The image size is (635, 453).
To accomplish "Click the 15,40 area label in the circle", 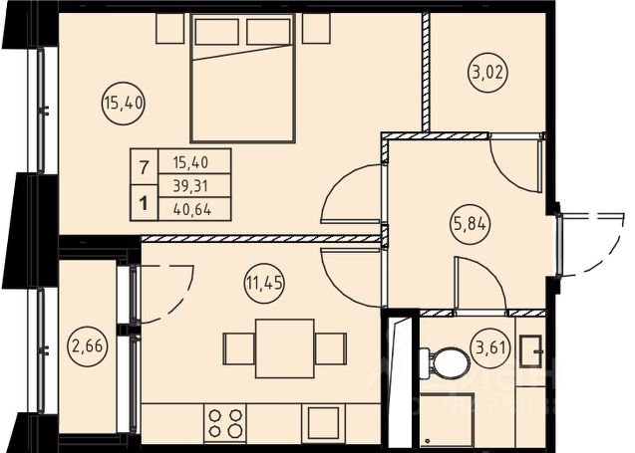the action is pos(124,104).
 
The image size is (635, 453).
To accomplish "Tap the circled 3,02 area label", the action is pos(488,73).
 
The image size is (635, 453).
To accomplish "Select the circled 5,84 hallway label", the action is pos(470,223).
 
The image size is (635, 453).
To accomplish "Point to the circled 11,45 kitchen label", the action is pos(264,283).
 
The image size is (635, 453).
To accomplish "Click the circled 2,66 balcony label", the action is pos(88,346).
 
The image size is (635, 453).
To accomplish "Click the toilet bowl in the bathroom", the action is pos(444,362).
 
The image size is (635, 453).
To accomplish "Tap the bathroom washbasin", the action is pos(531,351).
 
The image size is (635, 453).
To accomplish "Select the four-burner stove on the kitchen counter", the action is pos(224,423).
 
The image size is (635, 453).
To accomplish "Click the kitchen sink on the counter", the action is pos(323,423).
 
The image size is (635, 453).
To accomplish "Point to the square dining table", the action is pos(285,348).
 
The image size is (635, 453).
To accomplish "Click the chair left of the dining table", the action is pos(239,348).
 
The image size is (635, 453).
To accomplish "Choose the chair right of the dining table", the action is pos(331,348).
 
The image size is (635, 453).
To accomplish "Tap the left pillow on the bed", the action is pos(216,32).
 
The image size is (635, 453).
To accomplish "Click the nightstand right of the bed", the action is pos(316,28).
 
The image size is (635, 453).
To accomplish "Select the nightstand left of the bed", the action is pos(170,28).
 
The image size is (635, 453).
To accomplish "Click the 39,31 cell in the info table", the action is pos(190,186).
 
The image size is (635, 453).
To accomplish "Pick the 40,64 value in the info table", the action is pos(192,209).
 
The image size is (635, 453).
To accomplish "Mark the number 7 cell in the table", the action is pos(144,167).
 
